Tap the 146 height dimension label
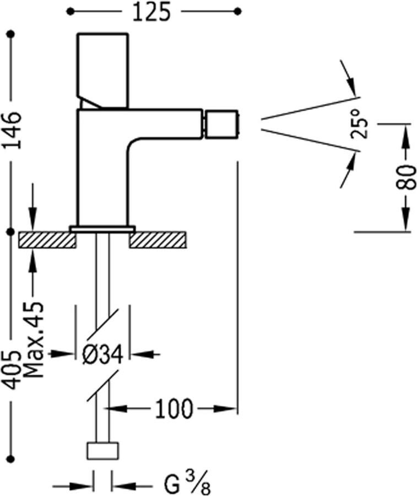(12, 130)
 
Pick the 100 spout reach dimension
(174, 409)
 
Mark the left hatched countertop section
(47, 240)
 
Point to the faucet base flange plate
(102, 228)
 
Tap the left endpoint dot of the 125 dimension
(70, 11)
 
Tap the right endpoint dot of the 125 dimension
(237, 11)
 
